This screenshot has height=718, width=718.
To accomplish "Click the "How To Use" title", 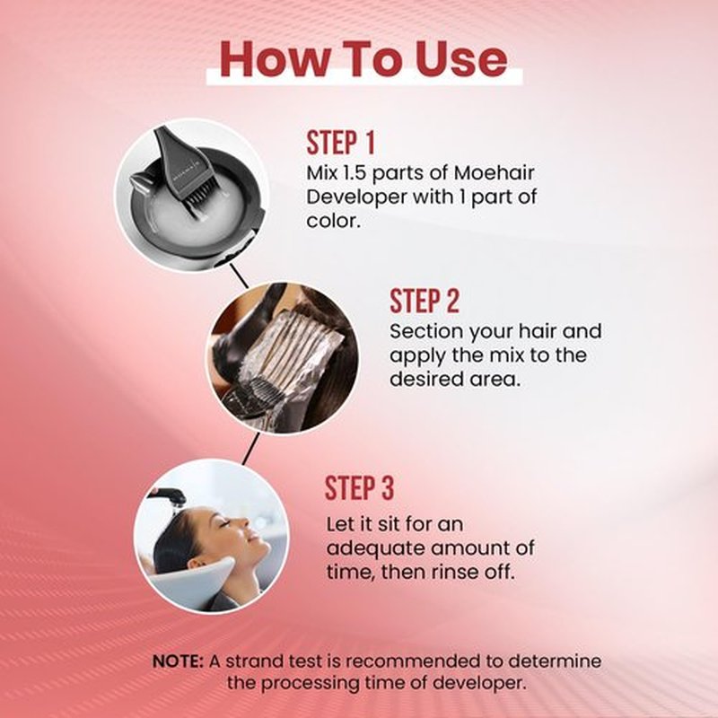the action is tap(363, 58).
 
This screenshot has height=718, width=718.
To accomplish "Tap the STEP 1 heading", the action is tap(341, 143).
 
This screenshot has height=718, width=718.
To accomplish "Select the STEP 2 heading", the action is tap(424, 301).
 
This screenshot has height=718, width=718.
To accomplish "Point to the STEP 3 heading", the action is tap(360, 487).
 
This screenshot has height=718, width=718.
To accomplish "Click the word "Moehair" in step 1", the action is tap(495, 173).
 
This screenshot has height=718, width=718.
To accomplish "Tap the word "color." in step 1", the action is tap(333, 222).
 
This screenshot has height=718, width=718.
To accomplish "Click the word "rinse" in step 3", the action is tap(466, 572).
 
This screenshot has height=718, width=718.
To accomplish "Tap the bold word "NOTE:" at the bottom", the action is tap(178, 661).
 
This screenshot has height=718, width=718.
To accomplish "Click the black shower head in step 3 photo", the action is tap(171, 496).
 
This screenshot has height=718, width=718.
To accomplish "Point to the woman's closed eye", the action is tap(225, 523).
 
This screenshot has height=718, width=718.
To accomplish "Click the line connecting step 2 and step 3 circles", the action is tap(251, 449).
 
